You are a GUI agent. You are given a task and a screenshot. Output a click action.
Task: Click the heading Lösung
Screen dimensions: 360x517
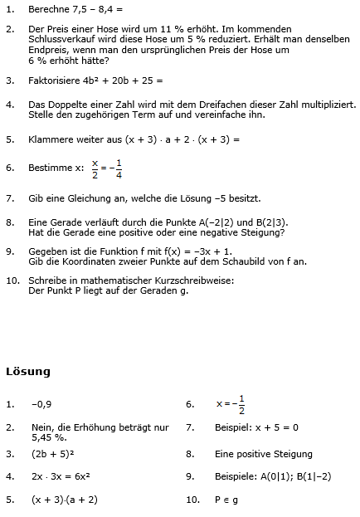(28, 371)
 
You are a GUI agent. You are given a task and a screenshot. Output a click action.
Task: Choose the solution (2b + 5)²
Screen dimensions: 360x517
(55, 454)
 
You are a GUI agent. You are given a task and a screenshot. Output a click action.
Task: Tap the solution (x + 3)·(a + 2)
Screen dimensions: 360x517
(65, 500)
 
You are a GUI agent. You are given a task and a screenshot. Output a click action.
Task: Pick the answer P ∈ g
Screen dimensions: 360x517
(227, 500)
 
